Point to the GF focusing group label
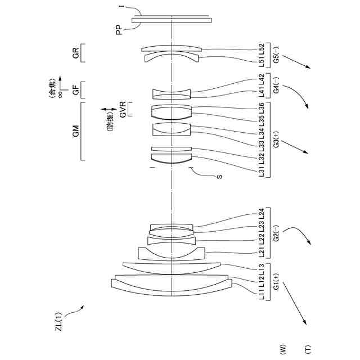point(75,90)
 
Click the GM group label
point(75,131)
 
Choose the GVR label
point(122,109)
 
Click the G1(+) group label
point(276,279)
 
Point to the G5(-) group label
point(276,52)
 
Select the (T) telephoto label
point(307,350)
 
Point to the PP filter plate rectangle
point(172,20)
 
